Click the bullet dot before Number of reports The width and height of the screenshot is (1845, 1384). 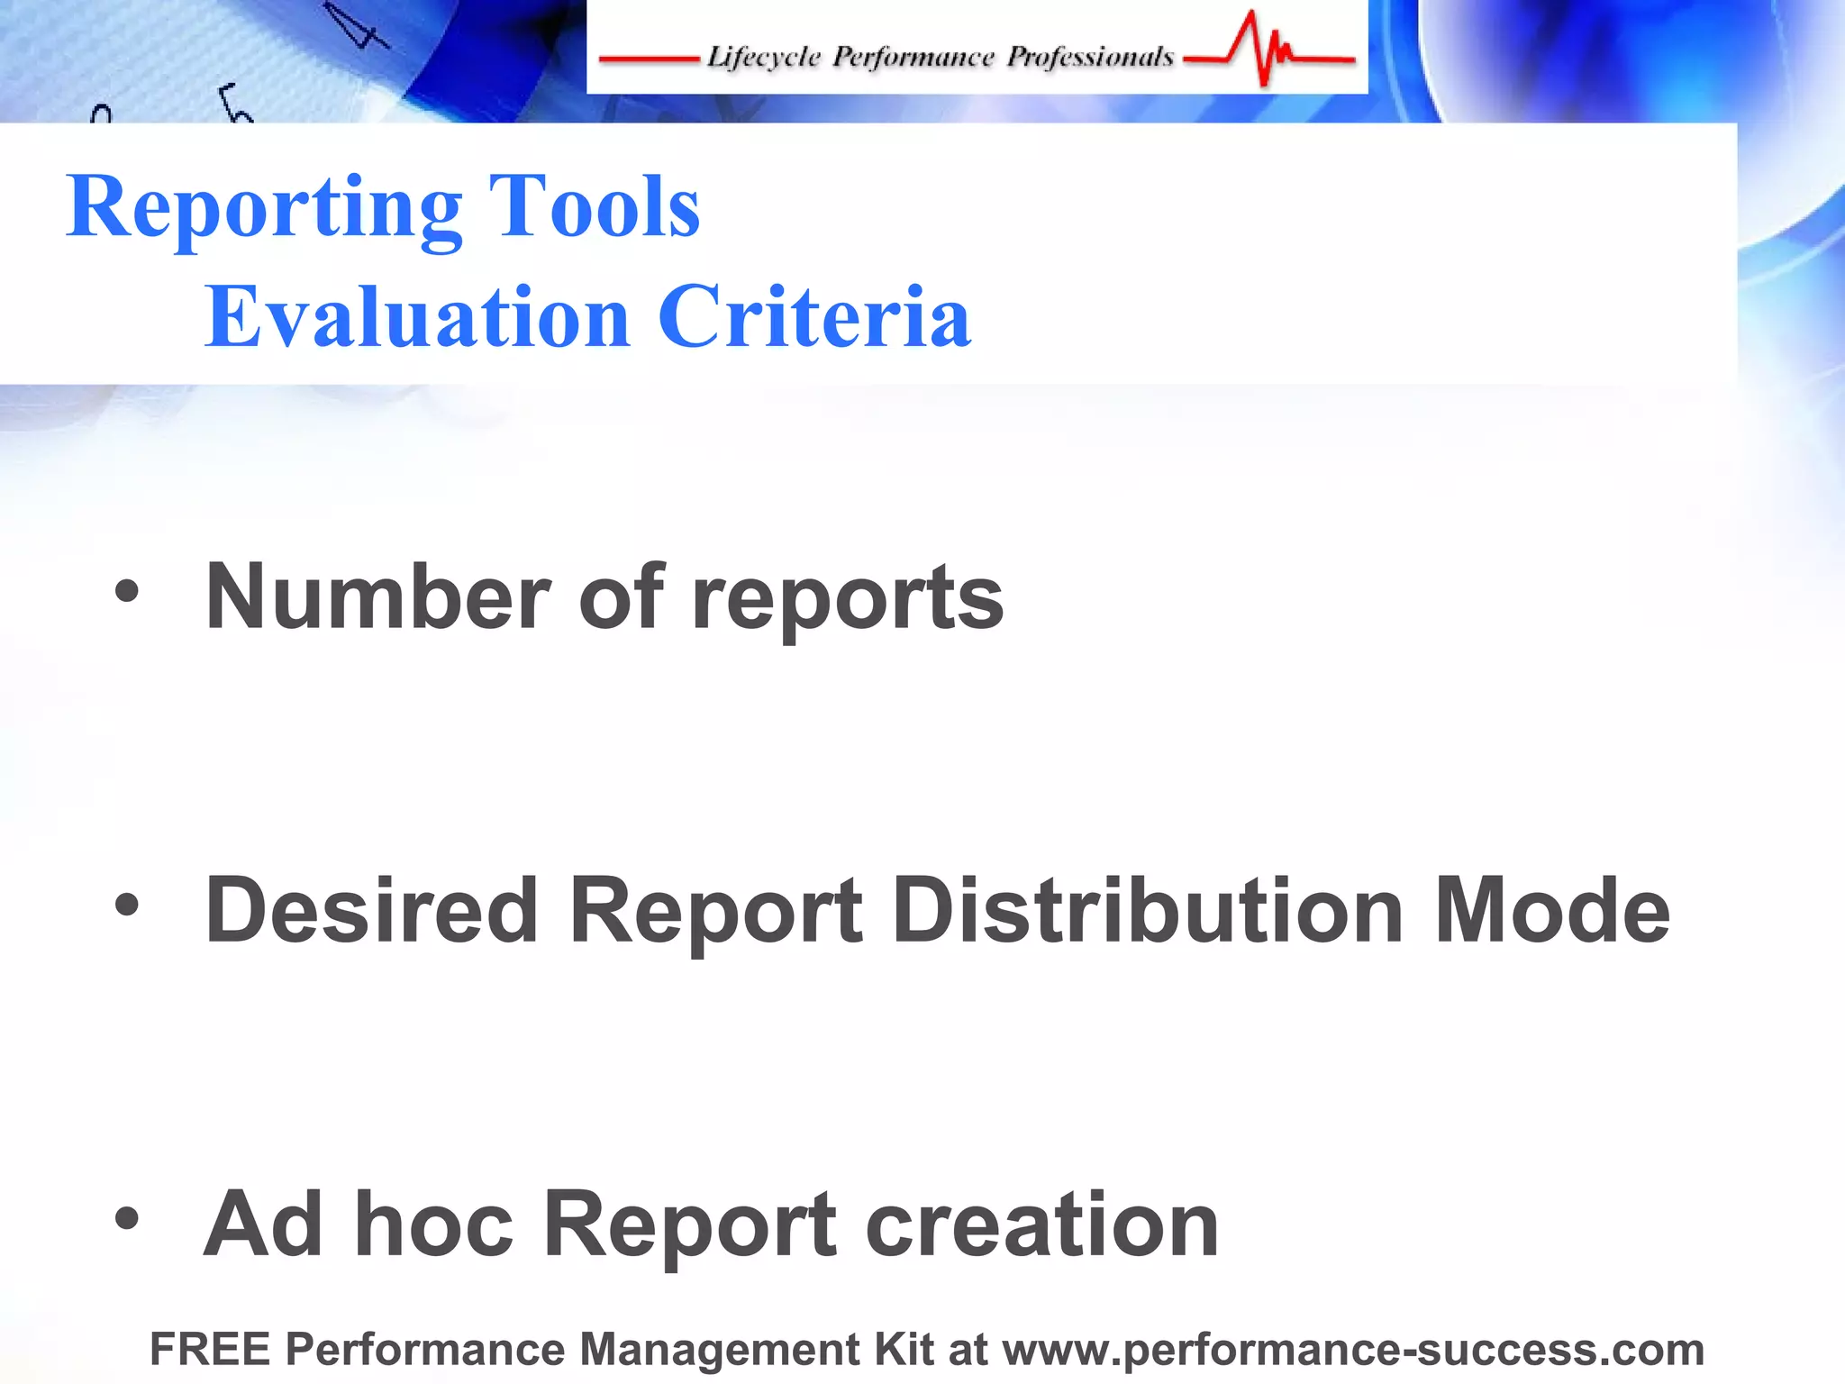127,592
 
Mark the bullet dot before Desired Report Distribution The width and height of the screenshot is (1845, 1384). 127,906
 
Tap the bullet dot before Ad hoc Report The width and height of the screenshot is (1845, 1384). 127,1219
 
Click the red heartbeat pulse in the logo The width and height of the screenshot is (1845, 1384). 1266,50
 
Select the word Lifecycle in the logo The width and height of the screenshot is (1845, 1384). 764,58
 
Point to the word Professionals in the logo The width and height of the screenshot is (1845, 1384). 1090,58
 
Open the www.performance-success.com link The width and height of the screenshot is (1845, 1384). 1353,1349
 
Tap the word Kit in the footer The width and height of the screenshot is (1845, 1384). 903,1349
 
